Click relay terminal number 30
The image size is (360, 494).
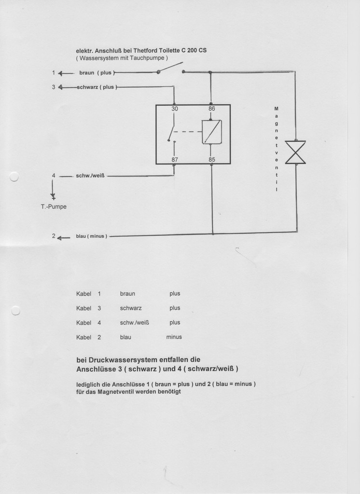click(175, 109)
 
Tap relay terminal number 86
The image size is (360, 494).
click(211, 109)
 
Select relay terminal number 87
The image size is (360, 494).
click(175, 160)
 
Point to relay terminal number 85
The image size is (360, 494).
click(212, 160)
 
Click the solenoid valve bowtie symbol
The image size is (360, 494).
click(295, 152)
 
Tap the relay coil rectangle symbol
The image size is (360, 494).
click(212, 132)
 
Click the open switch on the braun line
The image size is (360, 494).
click(170, 68)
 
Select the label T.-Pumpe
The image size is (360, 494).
click(54, 206)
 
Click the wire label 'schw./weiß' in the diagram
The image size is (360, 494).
click(90, 176)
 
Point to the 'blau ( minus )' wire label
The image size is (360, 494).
click(91, 236)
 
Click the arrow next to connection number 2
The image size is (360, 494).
click(64, 238)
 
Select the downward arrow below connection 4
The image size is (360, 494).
click(53, 190)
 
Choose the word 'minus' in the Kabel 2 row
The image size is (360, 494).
click(174, 337)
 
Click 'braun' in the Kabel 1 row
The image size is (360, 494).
click(127, 294)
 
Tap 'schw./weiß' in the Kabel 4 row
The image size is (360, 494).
click(134, 322)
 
